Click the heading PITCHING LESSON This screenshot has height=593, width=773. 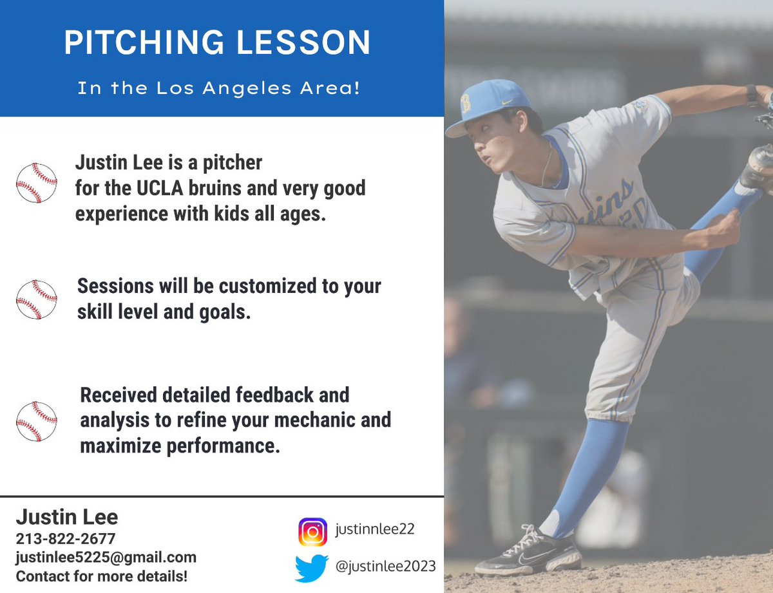[217, 42]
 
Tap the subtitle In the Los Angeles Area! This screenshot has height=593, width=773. [218, 88]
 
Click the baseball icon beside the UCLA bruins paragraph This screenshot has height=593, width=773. [37, 184]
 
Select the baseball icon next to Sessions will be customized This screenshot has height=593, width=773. [37, 299]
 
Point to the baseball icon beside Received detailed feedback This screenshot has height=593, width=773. [37, 421]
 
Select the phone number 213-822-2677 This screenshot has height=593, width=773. [66, 539]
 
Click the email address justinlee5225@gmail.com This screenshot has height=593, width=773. [106, 557]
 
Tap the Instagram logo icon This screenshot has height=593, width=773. [312, 532]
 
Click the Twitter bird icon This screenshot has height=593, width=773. [312, 568]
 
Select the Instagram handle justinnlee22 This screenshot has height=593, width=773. [375, 529]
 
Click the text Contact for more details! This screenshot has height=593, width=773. [102, 576]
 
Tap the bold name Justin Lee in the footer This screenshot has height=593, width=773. [67, 517]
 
